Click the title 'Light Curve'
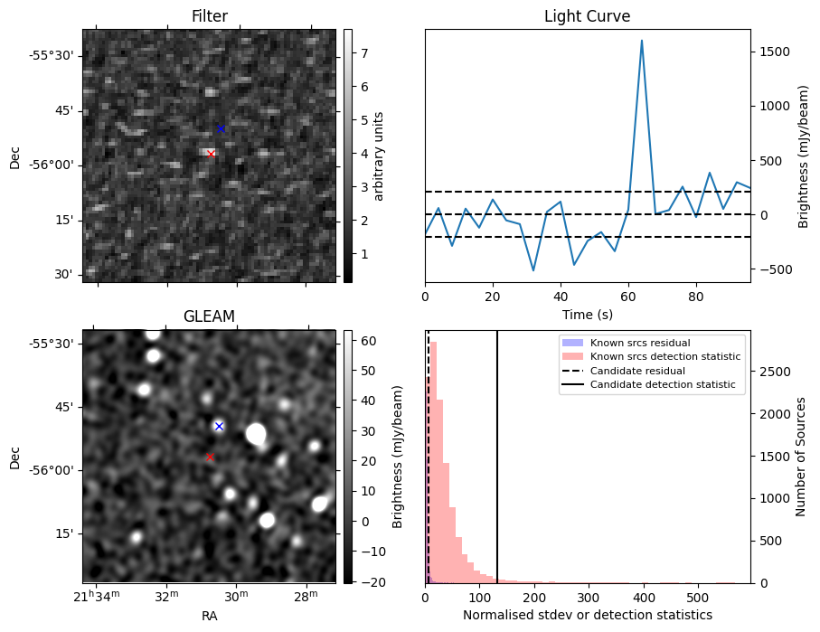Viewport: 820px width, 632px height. tap(587, 16)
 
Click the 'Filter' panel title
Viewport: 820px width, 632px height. tap(209, 16)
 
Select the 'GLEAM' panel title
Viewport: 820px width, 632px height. tap(209, 316)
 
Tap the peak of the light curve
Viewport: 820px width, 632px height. tap(641, 41)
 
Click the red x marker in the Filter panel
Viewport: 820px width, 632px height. tap(211, 154)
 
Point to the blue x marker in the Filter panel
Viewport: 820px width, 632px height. tap(221, 129)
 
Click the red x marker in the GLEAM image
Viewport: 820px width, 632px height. tap(210, 457)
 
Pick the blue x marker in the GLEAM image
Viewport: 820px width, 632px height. tap(219, 426)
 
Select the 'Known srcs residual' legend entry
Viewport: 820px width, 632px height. tap(639, 343)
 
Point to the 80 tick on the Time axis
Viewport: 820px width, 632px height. tap(695, 295)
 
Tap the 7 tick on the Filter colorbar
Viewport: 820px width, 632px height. tap(363, 53)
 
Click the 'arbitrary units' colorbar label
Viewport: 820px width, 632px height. tap(380, 156)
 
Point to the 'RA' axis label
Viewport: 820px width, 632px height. tap(209, 616)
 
